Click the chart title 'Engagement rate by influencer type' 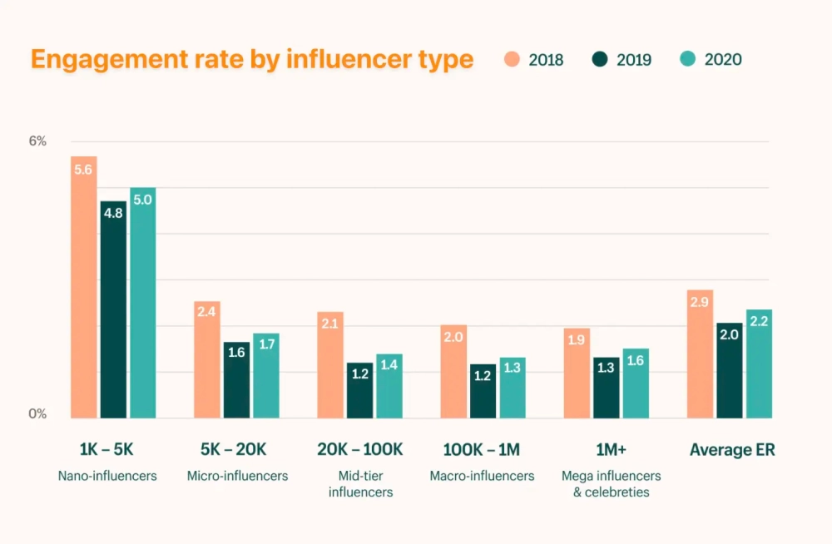(251, 60)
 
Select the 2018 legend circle (513, 60)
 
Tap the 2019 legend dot (600, 60)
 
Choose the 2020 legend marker (687, 60)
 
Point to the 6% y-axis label (37, 141)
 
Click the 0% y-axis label (37, 413)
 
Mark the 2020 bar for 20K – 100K (389, 386)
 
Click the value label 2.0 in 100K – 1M (453, 337)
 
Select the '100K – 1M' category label (481, 450)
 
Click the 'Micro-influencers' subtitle (237, 476)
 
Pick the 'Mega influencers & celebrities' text (611, 483)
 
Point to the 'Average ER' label (732, 450)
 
